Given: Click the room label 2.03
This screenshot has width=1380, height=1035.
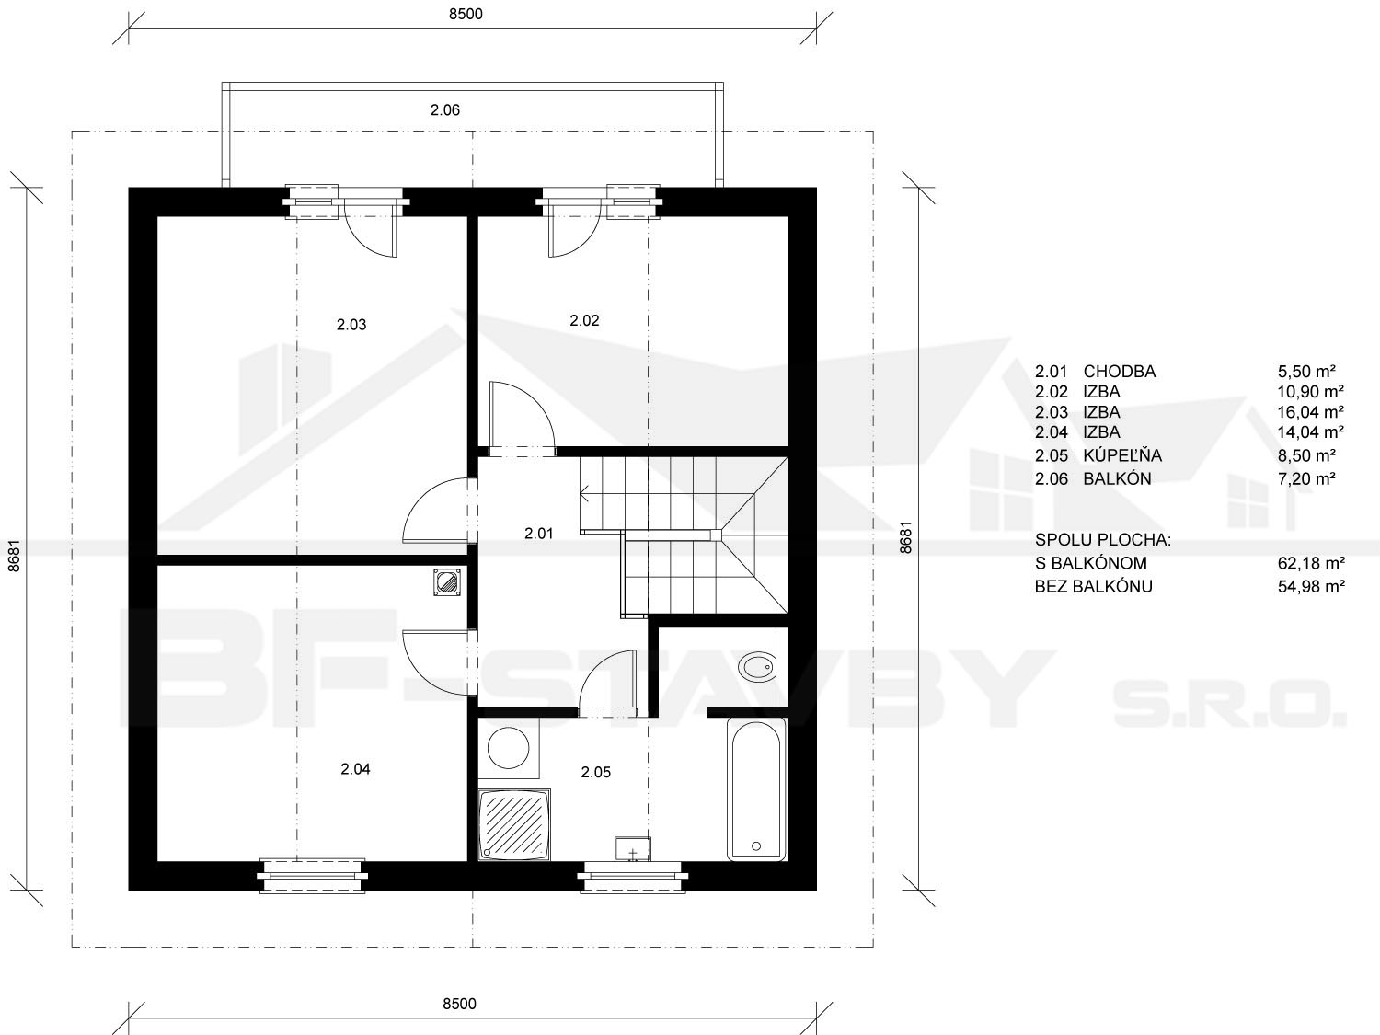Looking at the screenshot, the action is tap(351, 325).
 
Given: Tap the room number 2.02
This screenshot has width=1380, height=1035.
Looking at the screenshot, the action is tap(584, 320).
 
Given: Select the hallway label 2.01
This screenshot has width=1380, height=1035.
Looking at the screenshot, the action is tap(539, 534).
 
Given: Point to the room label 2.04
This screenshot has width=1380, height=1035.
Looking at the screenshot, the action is tap(355, 768).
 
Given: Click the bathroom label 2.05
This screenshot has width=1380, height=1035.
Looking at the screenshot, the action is tap(595, 772).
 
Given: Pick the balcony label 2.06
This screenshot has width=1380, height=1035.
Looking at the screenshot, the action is tap(445, 110).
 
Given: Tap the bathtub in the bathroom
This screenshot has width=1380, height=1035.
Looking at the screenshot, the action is tap(756, 789).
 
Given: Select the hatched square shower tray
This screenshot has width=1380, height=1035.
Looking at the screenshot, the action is tap(514, 824).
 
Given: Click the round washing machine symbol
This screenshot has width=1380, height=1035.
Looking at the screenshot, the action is tap(508, 748).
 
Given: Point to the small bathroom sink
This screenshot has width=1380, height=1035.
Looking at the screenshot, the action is tap(632, 848).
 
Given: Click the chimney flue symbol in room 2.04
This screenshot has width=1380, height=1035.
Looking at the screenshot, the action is tap(447, 582).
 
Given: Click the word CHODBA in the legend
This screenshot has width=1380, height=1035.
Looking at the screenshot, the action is tap(1119, 372).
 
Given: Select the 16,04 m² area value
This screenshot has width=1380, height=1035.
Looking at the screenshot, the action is tap(1310, 412).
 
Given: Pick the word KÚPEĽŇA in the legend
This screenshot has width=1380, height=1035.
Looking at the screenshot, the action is tap(1122, 454).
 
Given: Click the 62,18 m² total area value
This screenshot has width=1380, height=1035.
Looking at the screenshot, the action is tap(1310, 563).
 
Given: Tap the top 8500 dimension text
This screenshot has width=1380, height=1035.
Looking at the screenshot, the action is tap(466, 14).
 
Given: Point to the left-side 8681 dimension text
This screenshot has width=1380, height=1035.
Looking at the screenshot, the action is tap(14, 556).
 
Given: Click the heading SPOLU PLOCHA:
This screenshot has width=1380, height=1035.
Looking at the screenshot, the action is tap(1103, 540).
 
